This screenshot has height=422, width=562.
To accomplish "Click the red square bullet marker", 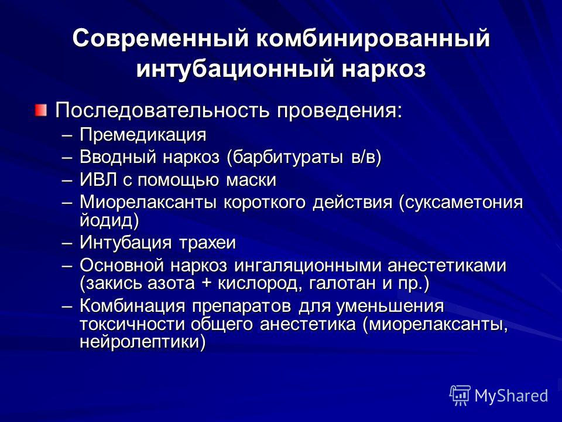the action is [41, 110].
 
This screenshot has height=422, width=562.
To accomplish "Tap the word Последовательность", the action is [162, 110].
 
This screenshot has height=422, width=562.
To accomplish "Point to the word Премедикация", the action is [143, 135].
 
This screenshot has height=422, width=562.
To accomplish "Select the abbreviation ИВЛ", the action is [98, 180].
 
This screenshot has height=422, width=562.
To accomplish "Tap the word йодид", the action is [107, 220].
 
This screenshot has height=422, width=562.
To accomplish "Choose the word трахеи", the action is [207, 243].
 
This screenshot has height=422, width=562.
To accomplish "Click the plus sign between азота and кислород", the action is [207, 284].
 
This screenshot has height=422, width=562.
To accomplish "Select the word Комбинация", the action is [133, 306].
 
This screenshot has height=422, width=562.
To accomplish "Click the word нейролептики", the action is [140, 342].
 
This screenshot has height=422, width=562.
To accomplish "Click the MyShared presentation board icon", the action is [460, 395].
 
